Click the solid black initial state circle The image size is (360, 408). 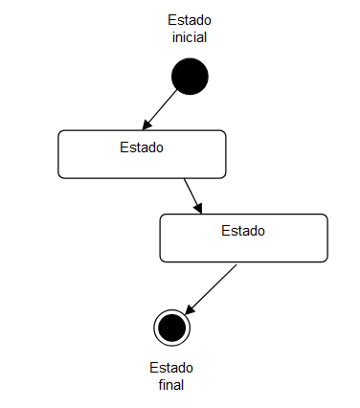click(x=190, y=77)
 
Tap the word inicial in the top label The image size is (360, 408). click(x=190, y=38)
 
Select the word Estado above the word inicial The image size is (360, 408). click(x=190, y=20)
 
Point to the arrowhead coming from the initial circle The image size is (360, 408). click(x=146, y=125)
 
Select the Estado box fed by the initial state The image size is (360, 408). click(x=142, y=164)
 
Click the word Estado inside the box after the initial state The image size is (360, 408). click(x=142, y=147)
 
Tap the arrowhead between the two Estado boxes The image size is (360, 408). click(x=199, y=210)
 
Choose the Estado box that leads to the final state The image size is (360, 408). click(x=243, y=247)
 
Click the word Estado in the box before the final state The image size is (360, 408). click(x=243, y=230)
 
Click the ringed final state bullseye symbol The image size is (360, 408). click(x=172, y=328)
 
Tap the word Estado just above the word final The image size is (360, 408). click(x=171, y=368)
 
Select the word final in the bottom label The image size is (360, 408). click(x=171, y=385)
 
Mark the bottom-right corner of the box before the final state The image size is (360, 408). click(x=326, y=260)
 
